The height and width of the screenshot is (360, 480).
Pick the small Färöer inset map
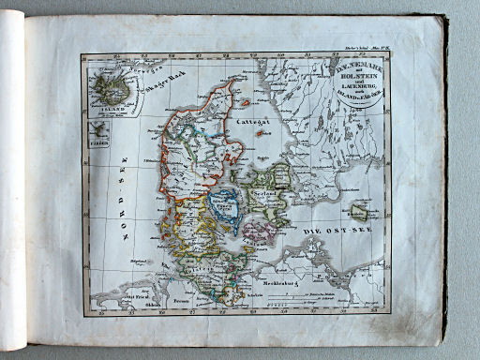pyautogui.click(x=99, y=135)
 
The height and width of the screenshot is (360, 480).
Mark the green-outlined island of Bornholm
pyautogui.click(x=356, y=212)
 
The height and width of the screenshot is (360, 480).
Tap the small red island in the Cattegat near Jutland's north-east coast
pyautogui.click(x=246, y=103)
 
